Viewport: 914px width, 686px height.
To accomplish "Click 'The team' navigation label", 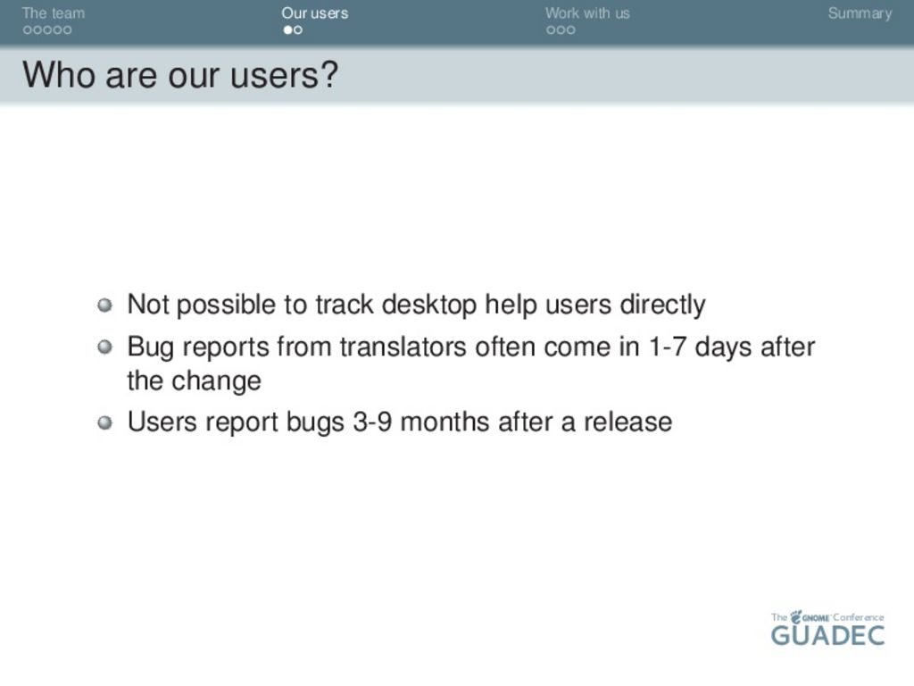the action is coord(53,13).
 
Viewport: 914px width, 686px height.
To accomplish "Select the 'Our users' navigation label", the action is coord(315,13).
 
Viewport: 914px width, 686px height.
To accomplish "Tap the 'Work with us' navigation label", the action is coord(587,13).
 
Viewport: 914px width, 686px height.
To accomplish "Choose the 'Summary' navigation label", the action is coord(860,13).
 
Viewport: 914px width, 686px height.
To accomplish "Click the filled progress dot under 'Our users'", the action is coord(288,29).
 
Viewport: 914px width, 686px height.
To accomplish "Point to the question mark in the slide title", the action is coord(329,75).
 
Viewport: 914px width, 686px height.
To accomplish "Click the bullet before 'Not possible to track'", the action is coord(105,305).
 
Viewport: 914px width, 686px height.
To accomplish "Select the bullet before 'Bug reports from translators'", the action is coord(105,347).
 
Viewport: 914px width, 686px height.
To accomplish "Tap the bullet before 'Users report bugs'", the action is coord(105,422).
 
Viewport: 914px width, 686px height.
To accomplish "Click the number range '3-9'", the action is coord(372,422).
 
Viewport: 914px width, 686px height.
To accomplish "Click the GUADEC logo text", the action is coord(827,635).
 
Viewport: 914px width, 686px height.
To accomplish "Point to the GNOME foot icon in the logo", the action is coord(795,616).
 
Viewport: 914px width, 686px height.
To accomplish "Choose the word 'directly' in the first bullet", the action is coord(662,305).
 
